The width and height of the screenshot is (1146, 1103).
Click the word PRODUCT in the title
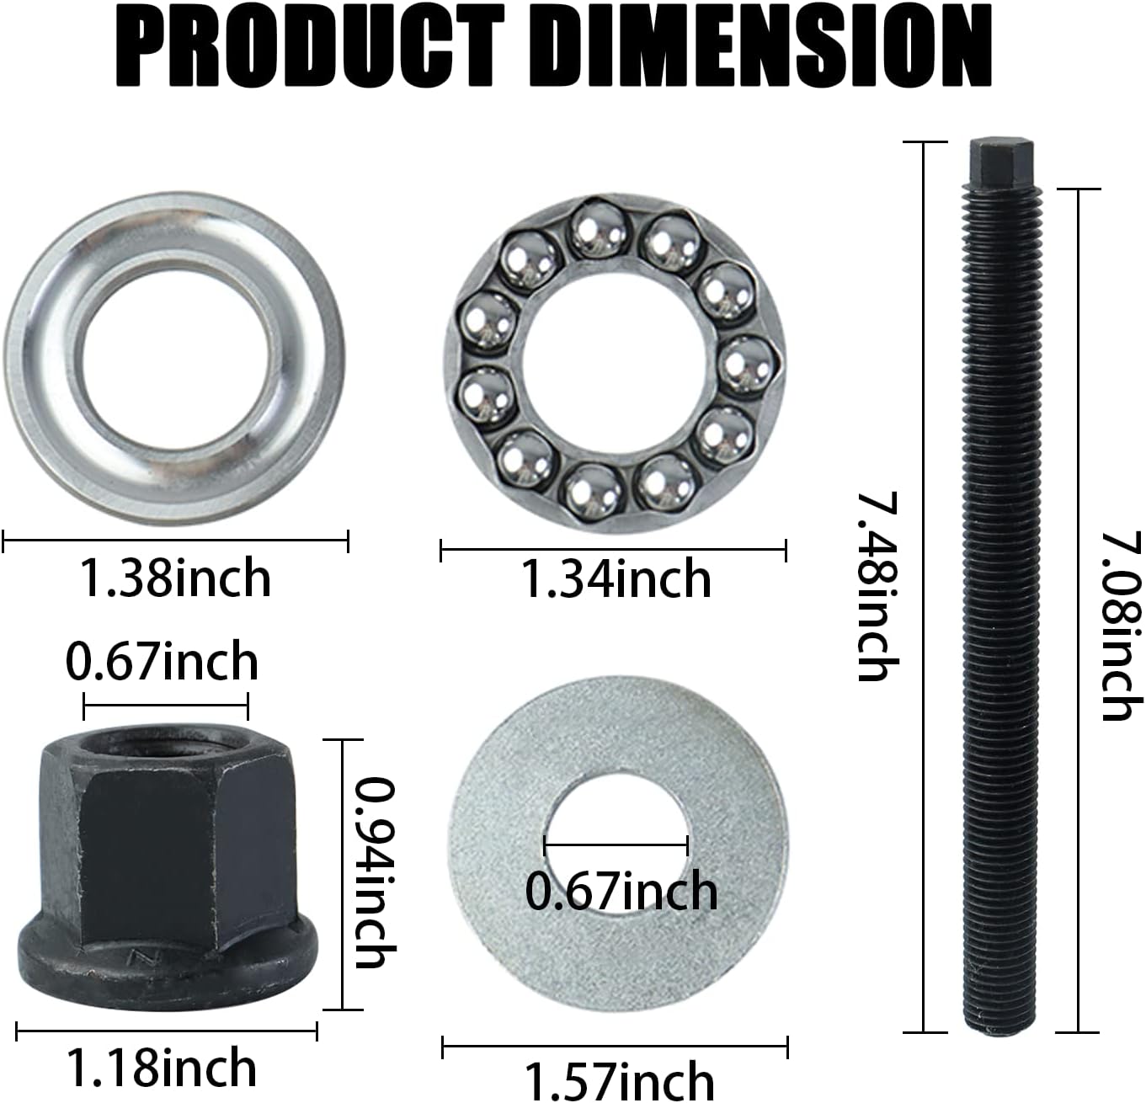[x=310, y=46]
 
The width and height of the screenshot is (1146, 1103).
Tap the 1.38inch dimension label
[x=175, y=578]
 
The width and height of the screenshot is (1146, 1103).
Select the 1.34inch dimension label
[x=616, y=579]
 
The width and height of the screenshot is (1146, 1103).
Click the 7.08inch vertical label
[x=1121, y=626]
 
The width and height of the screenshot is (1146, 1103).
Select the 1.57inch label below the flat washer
[x=618, y=1081]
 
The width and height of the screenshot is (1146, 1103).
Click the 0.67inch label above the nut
[x=162, y=661]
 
